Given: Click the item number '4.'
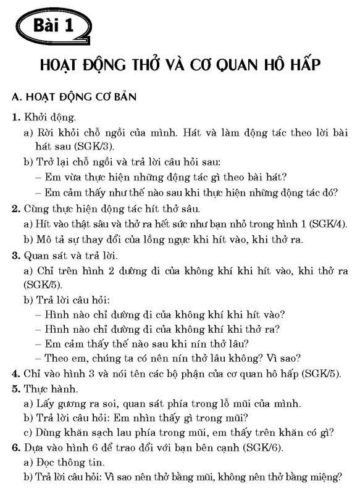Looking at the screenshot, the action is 15,373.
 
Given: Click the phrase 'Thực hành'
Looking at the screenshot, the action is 49,389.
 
